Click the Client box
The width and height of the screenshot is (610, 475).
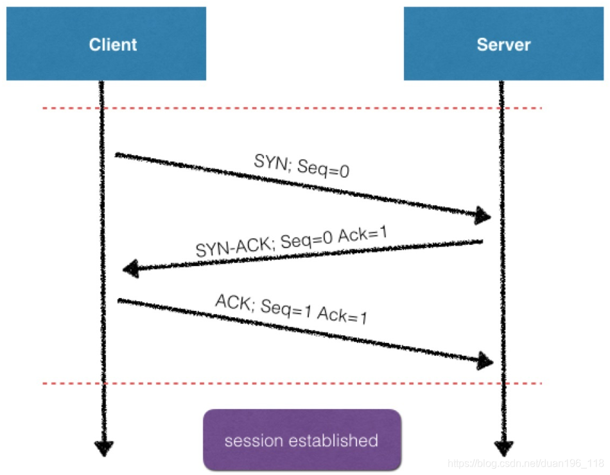106,44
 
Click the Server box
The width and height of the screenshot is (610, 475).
504,44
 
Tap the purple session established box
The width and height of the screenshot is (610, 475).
302,440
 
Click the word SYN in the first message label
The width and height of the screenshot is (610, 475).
268,161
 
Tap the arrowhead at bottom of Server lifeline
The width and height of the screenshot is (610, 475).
504,447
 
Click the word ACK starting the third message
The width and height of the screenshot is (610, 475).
232,301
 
